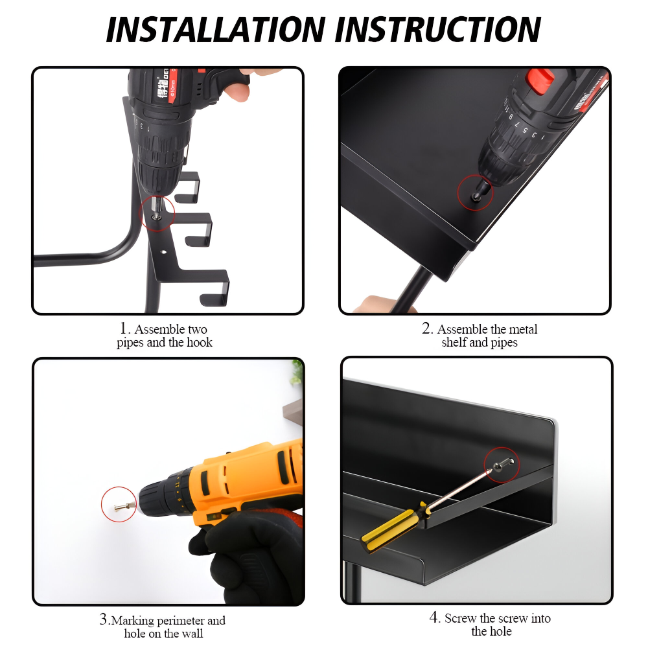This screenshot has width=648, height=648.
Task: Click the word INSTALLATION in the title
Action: (216, 30)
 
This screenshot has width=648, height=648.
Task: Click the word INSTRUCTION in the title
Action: (437, 30)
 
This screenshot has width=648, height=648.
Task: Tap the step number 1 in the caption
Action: (124, 329)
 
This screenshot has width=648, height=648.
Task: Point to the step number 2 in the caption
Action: (427, 329)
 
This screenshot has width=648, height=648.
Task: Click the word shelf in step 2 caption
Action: (454, 342)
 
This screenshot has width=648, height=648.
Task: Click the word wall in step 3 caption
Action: (193, 633)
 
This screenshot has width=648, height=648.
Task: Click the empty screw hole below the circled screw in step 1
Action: (164, 251)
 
